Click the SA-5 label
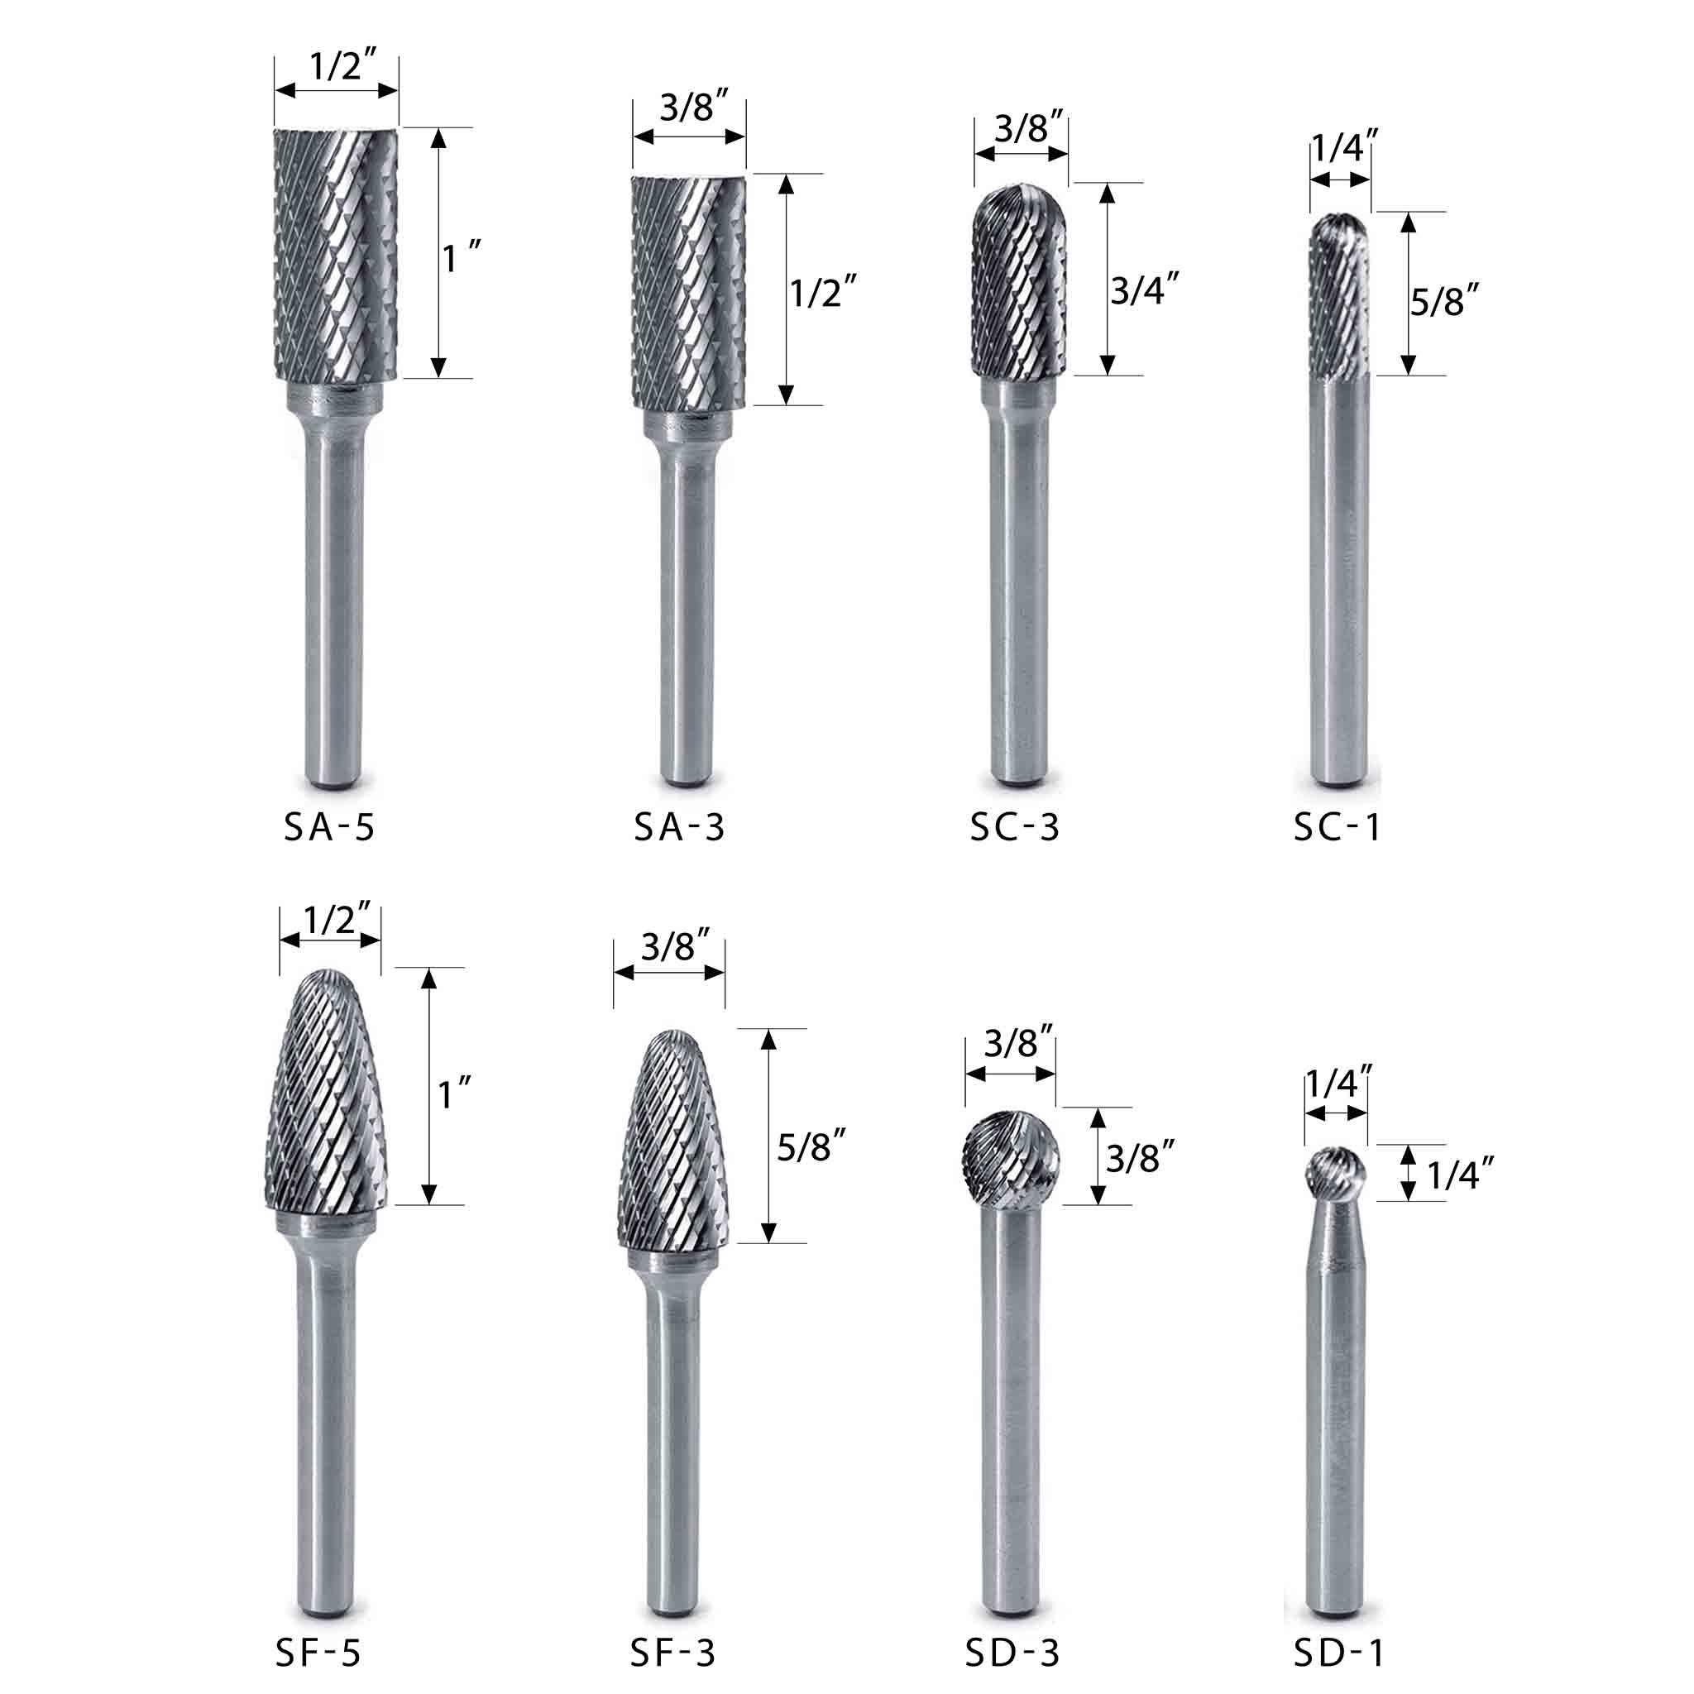(329, 827)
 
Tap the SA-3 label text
(680, 827)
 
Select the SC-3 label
(1014, 827)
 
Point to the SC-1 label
(1337, 827)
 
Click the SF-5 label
(318, 1653)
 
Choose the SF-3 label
(672, 1653)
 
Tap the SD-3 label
(1012, 1653)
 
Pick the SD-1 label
(1339, 1653)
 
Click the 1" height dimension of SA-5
(462, 258)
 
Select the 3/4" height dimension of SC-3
(1144, 289)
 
